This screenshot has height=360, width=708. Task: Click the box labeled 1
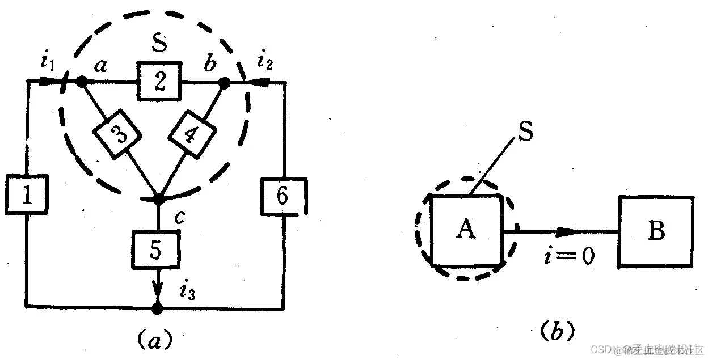point(27,196)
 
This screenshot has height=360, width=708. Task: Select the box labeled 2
point(158,82)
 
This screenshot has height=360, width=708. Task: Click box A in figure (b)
point(466,230)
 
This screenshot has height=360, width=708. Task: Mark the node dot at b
point(224,83)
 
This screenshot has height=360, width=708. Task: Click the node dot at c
point(158,200)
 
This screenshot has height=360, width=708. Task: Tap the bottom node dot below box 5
point(158,308)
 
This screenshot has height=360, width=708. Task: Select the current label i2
point(265,62)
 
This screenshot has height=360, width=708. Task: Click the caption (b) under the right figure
point(554,329)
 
